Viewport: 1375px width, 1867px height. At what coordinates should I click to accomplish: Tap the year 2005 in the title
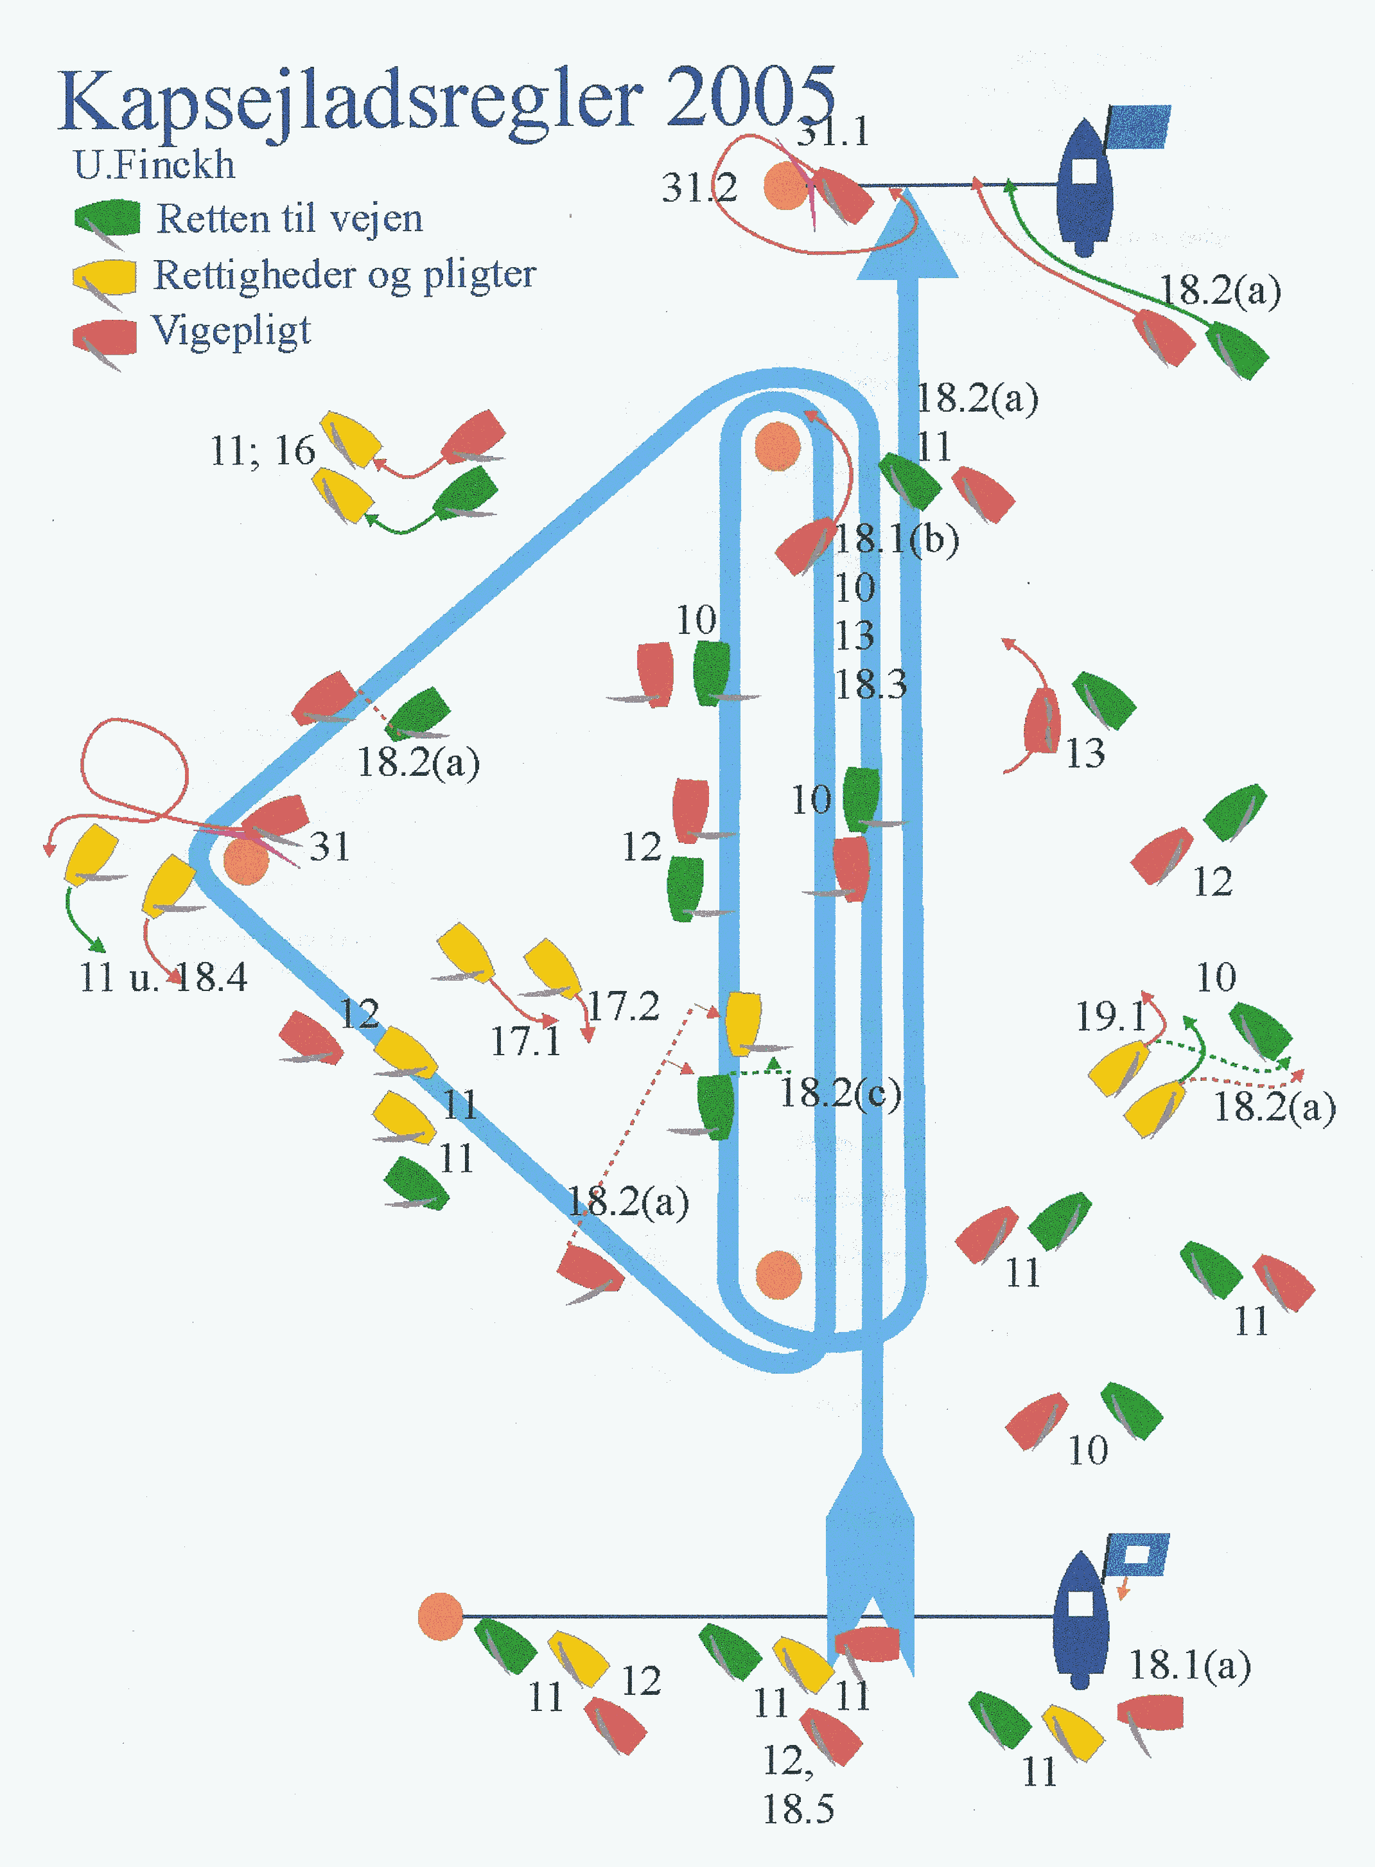tap(749, 98)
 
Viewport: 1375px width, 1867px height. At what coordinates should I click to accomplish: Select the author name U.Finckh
tap(154, 165)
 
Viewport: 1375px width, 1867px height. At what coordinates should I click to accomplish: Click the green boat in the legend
tap(107, 218)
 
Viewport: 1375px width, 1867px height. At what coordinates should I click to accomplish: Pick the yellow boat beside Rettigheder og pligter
tap(105, 277)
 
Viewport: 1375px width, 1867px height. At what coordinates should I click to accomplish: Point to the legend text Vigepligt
tap(231, 331)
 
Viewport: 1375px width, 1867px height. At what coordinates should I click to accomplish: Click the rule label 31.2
tap(699, 188)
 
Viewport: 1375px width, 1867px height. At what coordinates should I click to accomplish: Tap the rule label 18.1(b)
tap(897, 539)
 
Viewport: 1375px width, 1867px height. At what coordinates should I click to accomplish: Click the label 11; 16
tap(262, 451)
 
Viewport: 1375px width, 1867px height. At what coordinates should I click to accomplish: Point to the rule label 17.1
tap(525, 1041)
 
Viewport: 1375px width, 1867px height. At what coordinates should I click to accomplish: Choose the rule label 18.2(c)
tap(841, 1093)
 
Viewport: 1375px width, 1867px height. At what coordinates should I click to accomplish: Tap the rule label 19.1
tap(1110, 1016)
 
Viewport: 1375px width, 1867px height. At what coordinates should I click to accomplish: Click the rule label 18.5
tap(798, 1809)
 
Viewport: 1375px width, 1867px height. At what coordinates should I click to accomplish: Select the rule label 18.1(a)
tap(1189, 1665)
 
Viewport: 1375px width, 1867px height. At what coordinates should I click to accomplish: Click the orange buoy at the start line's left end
tap(439, 1617)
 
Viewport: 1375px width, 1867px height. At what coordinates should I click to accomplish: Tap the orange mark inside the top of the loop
tap(777, 446)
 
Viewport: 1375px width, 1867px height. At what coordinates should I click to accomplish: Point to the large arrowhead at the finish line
tap(907, 237)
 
